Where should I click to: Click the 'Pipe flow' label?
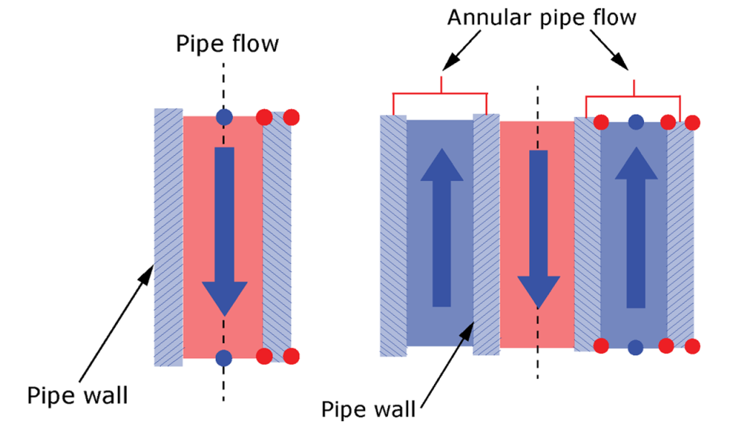[x=226, y=44]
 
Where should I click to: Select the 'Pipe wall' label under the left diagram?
[x=78, y=395]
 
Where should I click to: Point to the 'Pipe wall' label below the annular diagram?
[x=369, y=409]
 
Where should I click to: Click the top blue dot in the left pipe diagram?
[x=224, y=117]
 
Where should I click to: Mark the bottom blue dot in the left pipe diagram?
[x=224, y=357]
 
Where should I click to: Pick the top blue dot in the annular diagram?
[x=635, y=123]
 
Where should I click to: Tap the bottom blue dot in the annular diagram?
[x=635, y=347]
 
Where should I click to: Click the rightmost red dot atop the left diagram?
[x=290, y=117]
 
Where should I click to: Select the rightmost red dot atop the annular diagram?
[x=692, y=123]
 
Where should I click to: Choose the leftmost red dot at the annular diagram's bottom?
[x=602, y=347]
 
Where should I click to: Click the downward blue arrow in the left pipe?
[x=225, y=230]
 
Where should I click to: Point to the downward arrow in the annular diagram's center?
[x=538, y=230]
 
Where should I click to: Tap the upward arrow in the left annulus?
[x=441, y=230]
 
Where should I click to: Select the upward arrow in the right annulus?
[x=635, y=230]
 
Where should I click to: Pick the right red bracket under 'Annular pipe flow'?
[x=633, y=96]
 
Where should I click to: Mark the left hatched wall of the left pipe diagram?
[x=168, y=237]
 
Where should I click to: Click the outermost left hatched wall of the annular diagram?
[x=393, y=237]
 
